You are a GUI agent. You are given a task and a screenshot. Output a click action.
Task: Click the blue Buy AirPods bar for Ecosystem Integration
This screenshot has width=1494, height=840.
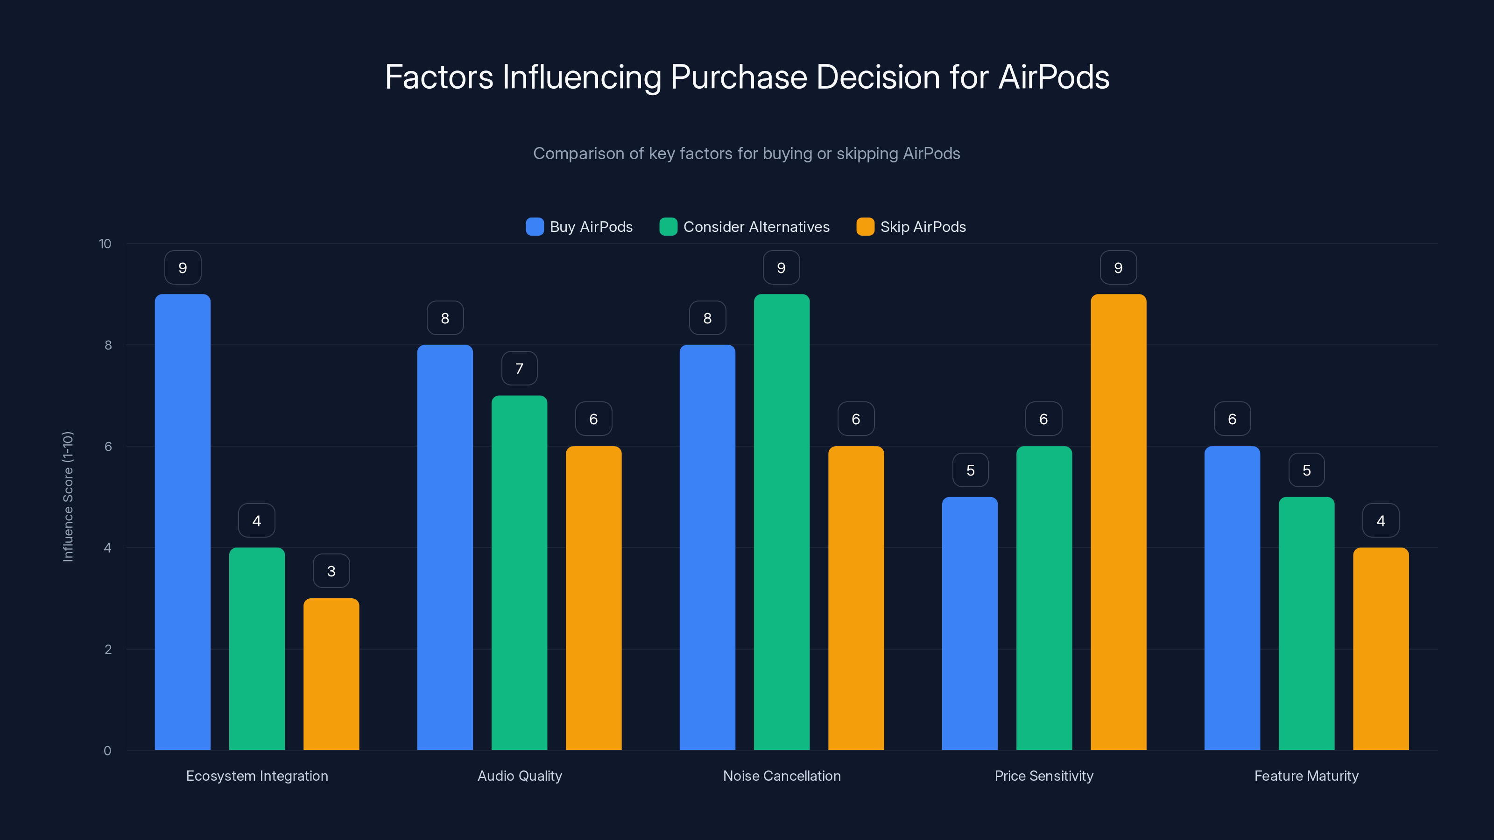(183, 522)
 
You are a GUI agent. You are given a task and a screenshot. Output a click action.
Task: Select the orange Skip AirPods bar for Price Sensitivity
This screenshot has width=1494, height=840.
(1118, 522)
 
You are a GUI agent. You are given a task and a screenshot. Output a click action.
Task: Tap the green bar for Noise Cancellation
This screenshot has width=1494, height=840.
(781, 522)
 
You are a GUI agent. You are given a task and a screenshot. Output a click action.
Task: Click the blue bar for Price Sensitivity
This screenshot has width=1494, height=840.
(970, 623)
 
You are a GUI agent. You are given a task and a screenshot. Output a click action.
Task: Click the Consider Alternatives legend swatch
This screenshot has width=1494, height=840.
(668, 227)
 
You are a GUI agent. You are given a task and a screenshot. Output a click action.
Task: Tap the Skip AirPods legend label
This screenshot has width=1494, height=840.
(923, 227)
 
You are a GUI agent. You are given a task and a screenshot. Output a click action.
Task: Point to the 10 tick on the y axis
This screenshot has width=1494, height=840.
(105, 244)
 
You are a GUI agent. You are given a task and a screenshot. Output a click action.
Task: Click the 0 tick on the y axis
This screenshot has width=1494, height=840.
(107, 751)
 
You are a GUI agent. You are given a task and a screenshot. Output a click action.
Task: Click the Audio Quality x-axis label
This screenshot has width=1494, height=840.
(520, 776)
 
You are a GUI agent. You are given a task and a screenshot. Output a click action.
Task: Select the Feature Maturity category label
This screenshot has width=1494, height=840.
(1306, 776)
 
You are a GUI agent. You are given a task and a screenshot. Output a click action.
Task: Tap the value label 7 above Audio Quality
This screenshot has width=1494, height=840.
(519, 369)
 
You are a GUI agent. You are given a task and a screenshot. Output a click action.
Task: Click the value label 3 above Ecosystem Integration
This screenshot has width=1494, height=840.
(331, 571)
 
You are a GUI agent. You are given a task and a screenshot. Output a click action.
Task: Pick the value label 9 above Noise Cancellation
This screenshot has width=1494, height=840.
(781, 268)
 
